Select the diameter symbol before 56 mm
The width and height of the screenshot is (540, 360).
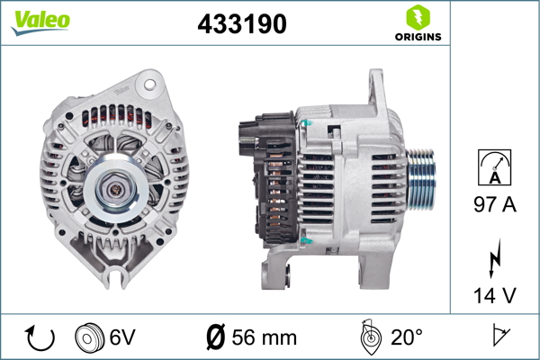coord(216,337)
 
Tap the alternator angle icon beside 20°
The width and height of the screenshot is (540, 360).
coord(367,337)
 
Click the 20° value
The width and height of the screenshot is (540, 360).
coord(406,337)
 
